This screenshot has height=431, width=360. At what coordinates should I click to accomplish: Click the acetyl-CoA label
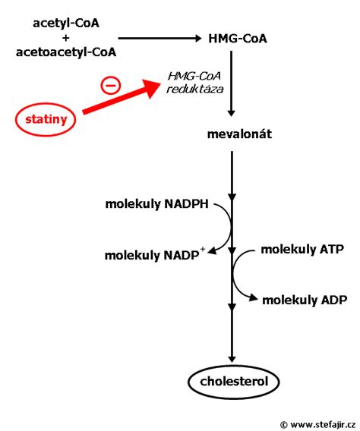point(66,24)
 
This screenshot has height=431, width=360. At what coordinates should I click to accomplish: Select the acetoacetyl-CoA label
point(66,52)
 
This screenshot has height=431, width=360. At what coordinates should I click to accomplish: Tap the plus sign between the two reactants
point(66,38)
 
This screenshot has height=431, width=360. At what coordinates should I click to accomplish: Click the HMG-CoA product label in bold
point(238,39)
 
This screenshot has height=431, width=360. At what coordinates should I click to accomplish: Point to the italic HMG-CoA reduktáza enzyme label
point(195,83)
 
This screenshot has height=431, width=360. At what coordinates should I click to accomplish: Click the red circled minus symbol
point(111,86)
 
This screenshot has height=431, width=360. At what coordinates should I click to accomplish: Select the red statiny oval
point(46,119)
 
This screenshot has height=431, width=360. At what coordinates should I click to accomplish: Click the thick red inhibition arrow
point(122,96)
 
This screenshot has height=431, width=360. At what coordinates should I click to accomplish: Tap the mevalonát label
point(239,134)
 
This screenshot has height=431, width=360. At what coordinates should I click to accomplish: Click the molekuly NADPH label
point(156,204)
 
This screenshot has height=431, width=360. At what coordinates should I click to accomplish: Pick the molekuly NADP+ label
point(155,255)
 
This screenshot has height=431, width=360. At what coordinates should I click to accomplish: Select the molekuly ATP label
point(302,250)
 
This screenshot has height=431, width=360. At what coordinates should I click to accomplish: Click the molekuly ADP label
point(305,300)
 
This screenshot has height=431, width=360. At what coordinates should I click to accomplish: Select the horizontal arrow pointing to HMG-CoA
point(159,39)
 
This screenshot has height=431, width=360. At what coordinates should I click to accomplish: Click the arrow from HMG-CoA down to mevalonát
point(232,83)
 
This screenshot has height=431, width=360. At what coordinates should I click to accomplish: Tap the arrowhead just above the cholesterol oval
point(232,359)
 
